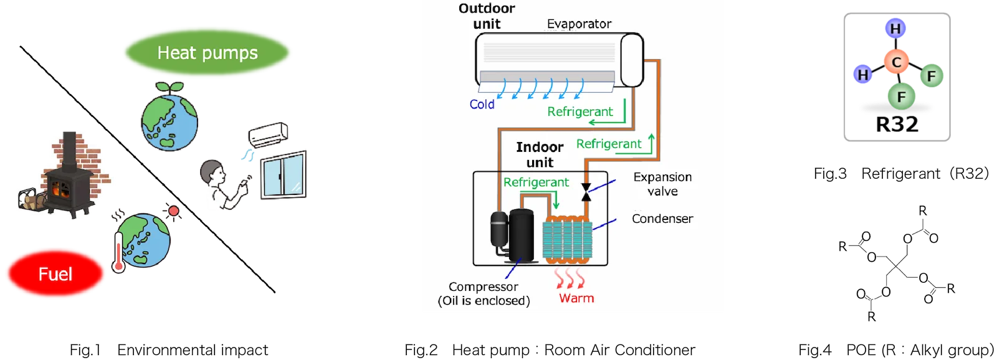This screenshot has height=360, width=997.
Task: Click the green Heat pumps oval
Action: [x=208, y=52]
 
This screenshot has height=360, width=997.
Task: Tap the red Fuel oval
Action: [x=55, y=273]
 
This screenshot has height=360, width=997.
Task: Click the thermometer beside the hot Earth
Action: [x=119, y=252]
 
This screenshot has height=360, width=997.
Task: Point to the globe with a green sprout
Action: [x=169, y=116]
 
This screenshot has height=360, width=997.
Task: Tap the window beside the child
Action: [x=284, y=175]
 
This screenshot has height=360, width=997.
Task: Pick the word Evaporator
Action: [x=579, y=24]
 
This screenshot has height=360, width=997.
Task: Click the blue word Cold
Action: [x=482, y=104]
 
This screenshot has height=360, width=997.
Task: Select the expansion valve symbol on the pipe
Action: [x=586, y=192]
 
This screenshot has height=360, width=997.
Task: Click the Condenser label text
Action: [x=662, y=219]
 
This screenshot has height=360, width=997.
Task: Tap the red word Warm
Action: [x=576, y=298]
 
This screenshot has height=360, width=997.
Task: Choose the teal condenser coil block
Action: [x=568, y=240]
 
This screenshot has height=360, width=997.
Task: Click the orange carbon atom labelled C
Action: [x=896, y=62]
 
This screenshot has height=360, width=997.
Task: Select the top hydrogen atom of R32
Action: [x=895, y=29]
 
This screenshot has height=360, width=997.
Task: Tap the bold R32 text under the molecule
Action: [x=897, y=124]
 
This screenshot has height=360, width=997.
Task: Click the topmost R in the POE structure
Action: [x=923, y=211]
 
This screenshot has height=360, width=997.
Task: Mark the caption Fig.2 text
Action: [x=421, y=350]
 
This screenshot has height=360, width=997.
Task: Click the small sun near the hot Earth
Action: [x=173, y=211]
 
